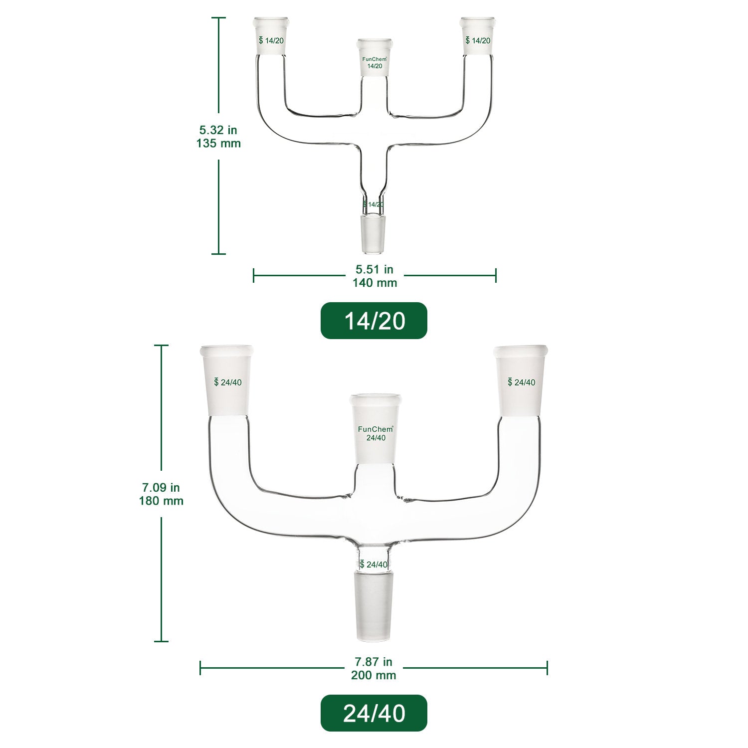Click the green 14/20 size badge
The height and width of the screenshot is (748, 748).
click(x=374, y=321)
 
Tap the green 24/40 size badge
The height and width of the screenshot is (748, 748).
click(x=374, y=713)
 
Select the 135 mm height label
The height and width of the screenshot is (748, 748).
click(x=218, y=144)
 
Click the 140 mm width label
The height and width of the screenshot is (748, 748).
click(x=374, y=283)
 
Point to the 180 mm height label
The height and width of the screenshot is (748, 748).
click(x=161, y=501)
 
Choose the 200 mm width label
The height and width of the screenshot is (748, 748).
click(x=374, y=675)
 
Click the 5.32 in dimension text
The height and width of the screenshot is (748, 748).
click(x=218, y=130)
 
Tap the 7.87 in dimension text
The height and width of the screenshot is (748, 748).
click(x=374, y=662)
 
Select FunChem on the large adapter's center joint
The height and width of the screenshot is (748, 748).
click(x=376, y=429)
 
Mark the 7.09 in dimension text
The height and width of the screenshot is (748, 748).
click(x=161, y=487)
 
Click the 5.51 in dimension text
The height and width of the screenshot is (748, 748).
click(x=374, y=269)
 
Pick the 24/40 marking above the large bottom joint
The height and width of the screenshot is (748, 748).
click(x=374, y=564)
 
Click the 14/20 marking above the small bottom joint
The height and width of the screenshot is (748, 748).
click(x=374, y=204)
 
